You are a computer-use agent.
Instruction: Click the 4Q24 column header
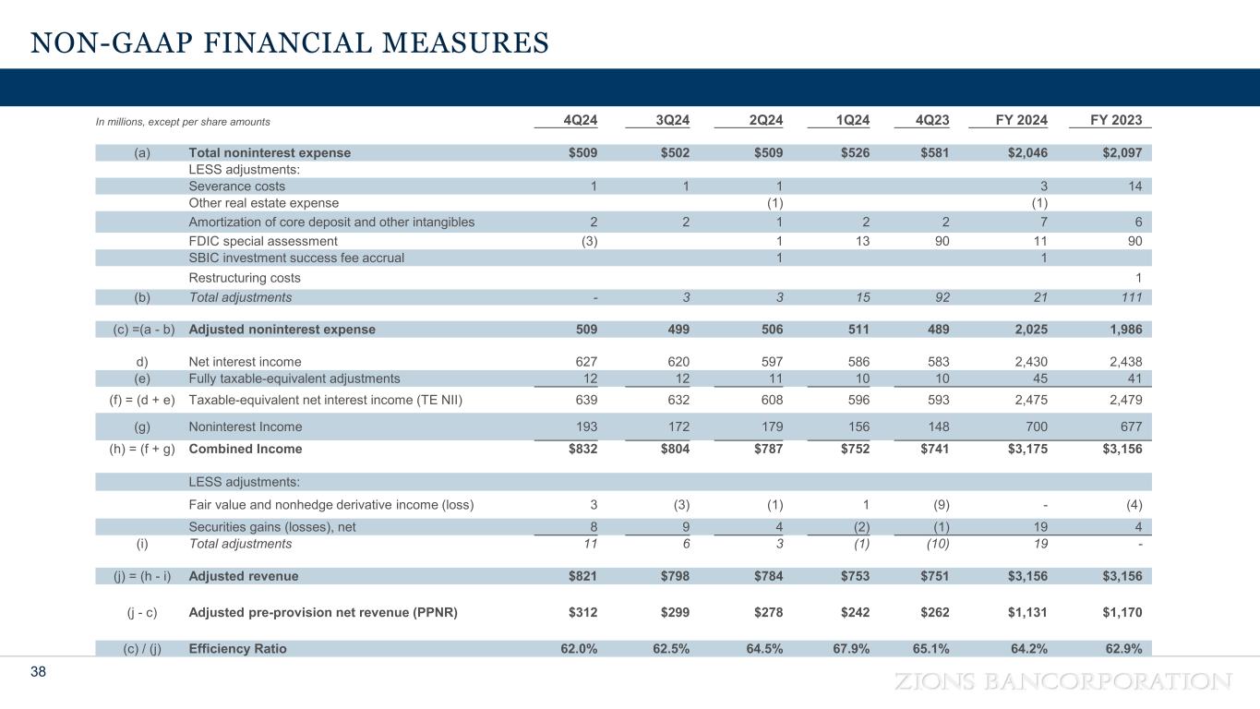tap(581, 121)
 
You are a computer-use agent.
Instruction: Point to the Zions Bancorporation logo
tap(1061, 682)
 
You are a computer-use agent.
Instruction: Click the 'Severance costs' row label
tap(236, 186)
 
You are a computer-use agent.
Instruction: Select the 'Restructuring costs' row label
tap(245, 278)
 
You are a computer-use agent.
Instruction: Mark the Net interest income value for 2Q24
tap(769, 363)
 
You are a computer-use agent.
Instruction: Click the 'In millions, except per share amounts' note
tap(183, 121)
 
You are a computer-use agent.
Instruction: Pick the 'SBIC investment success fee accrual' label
tap(296, 258)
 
